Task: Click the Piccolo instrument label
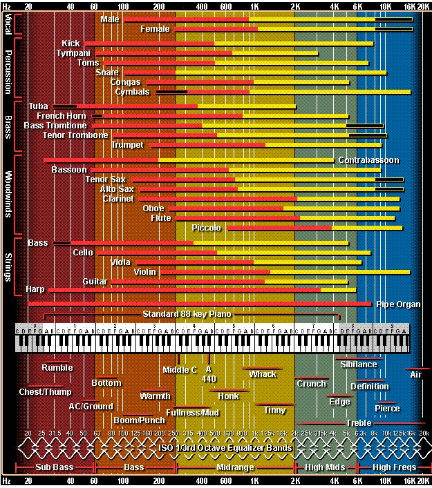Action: click(x=207, y=228)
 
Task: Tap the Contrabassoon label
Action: click(x=368, y=160)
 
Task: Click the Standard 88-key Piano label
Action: click(x=187, y=314)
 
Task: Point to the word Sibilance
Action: click(x=359, y=364)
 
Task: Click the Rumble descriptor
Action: click(x=57, y=368)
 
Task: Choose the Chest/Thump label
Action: click(x=45, y=392)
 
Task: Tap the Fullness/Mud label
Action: click(x=193, y=413)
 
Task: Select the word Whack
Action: click(x=263, y=374)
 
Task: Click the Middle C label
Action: click(x=180, y=370)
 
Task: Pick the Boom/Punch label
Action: click(x=140, y=420)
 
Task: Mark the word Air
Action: click(x=415, y=375)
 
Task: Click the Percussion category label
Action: click(x=8, y=70)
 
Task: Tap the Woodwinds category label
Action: click(x=8, y=194)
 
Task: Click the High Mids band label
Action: click(x=325, y=467)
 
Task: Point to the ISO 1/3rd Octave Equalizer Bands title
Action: click(x=225, y=447)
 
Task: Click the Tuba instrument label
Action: click(x=39, y=106)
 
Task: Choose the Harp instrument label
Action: click(x=35, y=289)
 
